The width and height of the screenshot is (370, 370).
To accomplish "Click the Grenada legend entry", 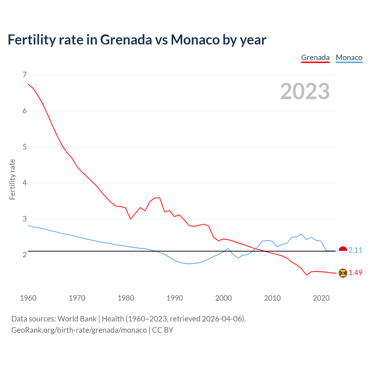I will [315, 58].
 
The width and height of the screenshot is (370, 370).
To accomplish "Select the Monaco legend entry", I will [349, 58].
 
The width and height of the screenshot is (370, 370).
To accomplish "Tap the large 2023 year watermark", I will [305, 91].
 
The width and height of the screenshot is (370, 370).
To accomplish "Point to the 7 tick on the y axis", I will [24, 75].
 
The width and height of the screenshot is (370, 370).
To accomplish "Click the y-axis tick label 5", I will [24, 147].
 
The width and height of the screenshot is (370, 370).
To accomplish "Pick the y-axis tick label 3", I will [24, 219].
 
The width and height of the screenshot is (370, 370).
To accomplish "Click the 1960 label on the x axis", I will [28, 298].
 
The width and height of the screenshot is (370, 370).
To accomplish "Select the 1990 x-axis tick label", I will [175, 298].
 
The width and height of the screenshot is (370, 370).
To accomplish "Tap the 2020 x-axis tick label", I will [321, 298].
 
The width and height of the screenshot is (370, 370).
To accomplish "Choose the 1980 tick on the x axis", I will [126, 298].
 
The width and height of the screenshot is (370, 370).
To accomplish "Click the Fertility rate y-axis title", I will [12, 179].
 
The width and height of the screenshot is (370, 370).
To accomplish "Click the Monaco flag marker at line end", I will [343, 251].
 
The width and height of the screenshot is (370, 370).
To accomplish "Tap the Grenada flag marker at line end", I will [343, 273].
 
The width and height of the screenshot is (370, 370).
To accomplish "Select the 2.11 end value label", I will [355, 250].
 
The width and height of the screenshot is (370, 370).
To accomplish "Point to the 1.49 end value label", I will [355, 273].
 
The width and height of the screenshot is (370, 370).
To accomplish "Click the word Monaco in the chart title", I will [195, 40].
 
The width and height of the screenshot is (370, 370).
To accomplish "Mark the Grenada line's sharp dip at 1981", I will [130, 219].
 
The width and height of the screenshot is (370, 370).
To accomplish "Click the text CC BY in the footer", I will [162, 330].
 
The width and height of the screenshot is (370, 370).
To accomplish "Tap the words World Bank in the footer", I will [77, 319].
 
